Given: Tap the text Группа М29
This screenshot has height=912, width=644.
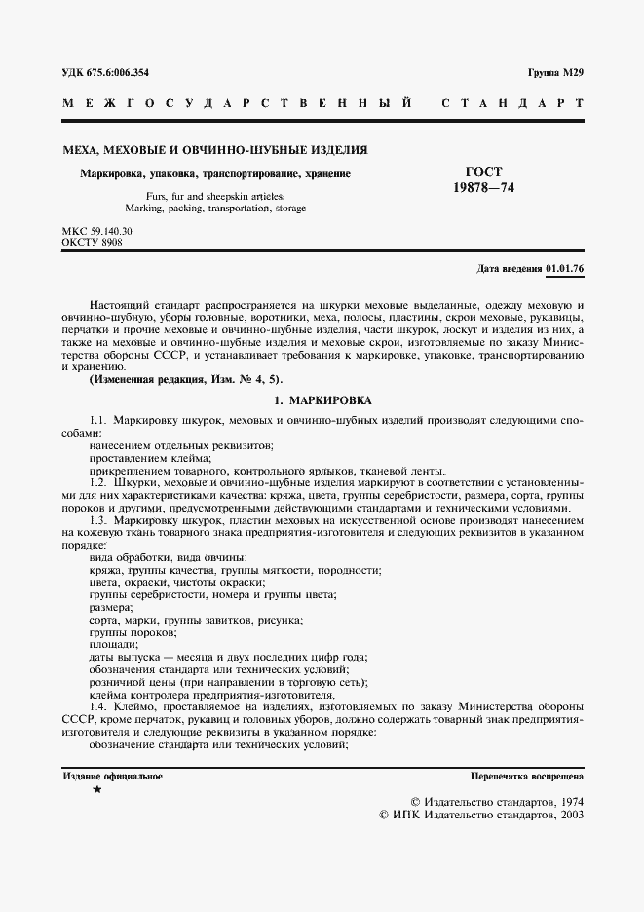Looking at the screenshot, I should tap(555, 73).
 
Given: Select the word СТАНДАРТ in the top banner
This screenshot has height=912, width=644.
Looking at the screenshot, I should tap(511, 102).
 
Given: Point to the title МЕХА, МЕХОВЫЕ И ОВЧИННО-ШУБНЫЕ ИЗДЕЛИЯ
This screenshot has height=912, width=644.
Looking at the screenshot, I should tap(215, 150).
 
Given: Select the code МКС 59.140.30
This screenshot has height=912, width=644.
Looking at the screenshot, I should tap(97, 230).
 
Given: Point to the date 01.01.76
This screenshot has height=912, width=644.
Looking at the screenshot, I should tap(565, 267).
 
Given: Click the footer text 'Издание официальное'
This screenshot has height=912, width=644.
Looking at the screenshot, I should tap(113, 777).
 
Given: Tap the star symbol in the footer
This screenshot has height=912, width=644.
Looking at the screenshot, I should tap(95, 791).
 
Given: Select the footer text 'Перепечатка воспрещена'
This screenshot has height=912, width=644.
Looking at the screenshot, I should tap(526, 777).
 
